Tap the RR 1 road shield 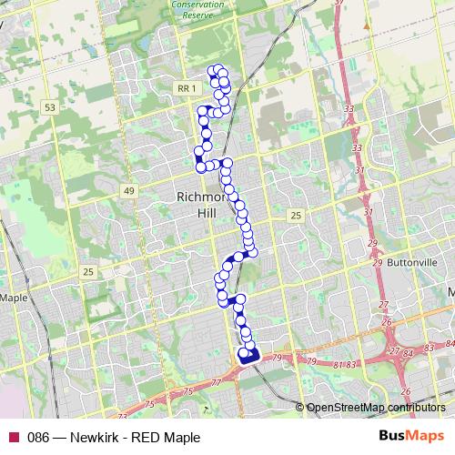(184, 86)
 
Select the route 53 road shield (51, 107)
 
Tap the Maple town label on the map (14, 298)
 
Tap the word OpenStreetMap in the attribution (345, 408)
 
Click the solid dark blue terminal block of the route (248, 356)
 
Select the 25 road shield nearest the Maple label (88, 272)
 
